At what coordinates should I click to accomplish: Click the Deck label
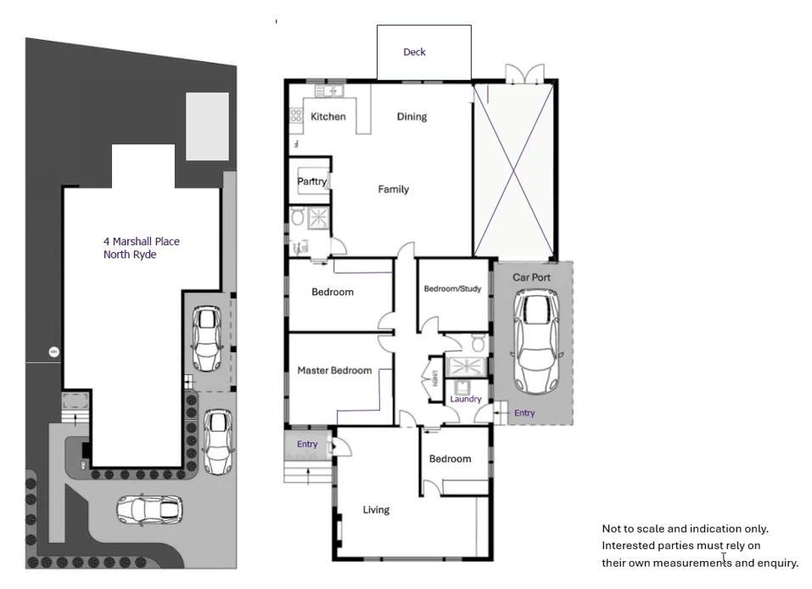coord(414,52)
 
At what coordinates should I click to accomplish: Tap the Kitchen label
coord(328,116)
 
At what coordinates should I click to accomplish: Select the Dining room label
coord(412,116)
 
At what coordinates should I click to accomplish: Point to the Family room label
coord(393,189)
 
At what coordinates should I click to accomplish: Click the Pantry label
coord(311,182)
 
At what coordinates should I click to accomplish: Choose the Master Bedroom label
coord(334,370)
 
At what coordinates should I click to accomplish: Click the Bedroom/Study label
coord(452,289)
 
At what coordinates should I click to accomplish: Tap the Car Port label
coord(531,278)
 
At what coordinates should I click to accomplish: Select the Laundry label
coord(466,399)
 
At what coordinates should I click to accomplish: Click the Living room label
coord(376,509)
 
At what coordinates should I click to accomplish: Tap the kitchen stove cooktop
coord(296,115)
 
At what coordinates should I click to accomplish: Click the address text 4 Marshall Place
coord(141,241)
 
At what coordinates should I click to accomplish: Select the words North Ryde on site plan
coord(130,255)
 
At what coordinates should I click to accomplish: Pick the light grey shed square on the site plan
coord(207,126)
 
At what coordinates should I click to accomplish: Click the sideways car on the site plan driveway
coord(149,509)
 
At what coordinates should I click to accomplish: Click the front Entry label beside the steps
coord(307,444)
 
